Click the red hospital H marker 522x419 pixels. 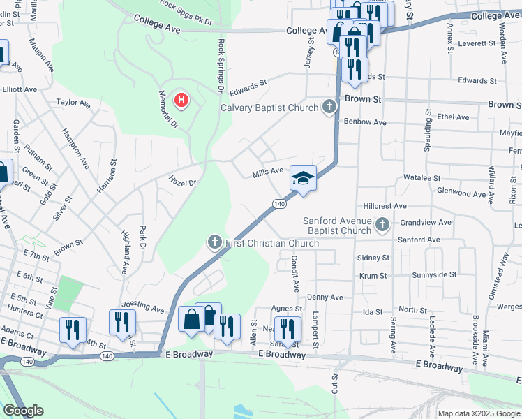[x=181, y=101]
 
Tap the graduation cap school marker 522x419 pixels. [x=303, y=179]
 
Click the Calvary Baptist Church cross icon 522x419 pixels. [x=329, y=108]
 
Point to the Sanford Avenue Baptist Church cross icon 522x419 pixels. [x=382, y=225]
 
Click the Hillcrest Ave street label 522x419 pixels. [x=385, y=207]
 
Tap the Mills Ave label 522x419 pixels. [x=268, y=170]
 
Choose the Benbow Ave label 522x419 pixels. [x=365, y=122]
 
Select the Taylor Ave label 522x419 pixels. [x=73, y=103]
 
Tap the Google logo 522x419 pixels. [x=23, y=411]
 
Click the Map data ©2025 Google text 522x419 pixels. [x=478, y=413]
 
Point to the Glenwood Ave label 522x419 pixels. [x=480, y=193]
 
